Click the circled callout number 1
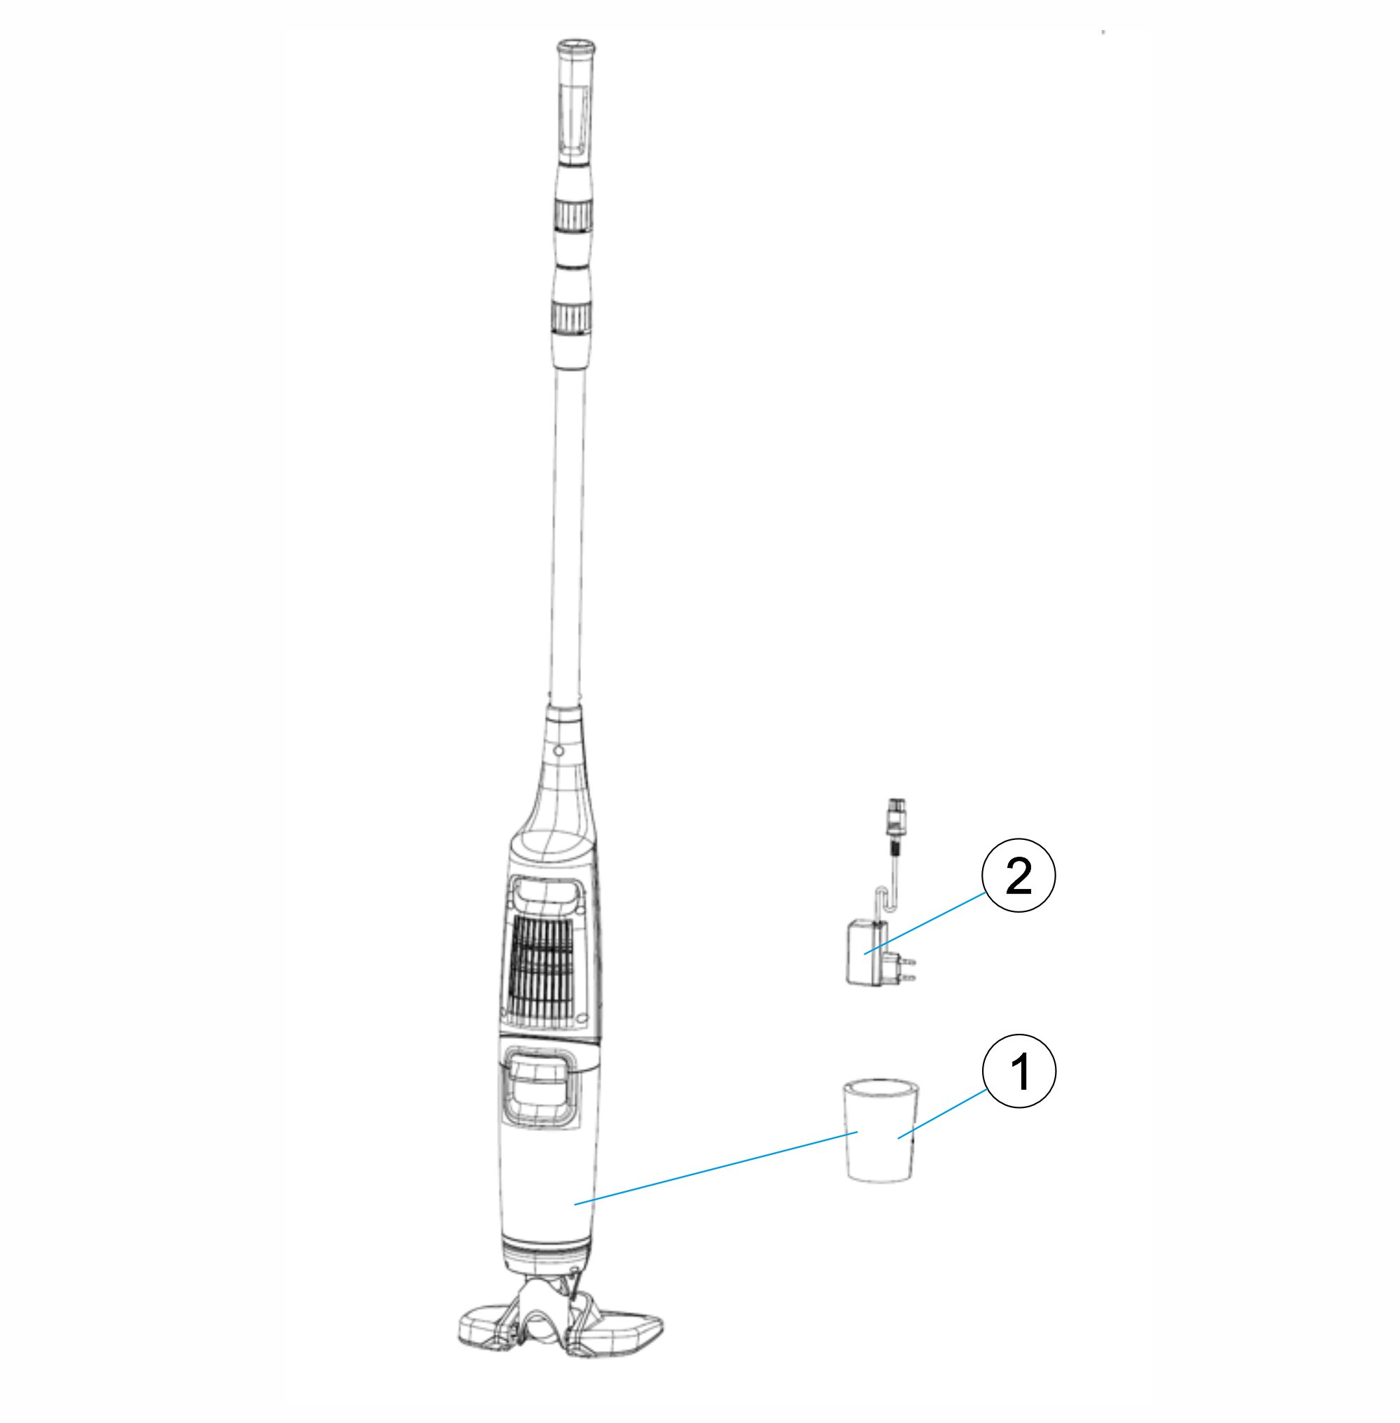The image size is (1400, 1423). pyautogui.click(x=1019, y=1071)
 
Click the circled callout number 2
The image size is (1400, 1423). pyautogui.click(x=1018, y=875)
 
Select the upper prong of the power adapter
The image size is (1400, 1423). pyautogui.click(x=907, y=959)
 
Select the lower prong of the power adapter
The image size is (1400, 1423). pyautogui.click(x=907, y=977)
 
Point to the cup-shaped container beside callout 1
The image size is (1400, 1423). pyautogui.click(x=880, y=1130)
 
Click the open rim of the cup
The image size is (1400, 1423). pyautogui.click(x=880, y=1086)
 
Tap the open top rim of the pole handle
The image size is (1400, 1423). pyautogui.click(x=575, y=48)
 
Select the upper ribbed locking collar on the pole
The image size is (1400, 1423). pyautogui.click(x=573, y=214)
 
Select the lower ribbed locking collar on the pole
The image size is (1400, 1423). pyautogui.click(x=570, y=317)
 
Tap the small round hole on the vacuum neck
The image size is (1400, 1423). pyautogui.click(x=558, y=751)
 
